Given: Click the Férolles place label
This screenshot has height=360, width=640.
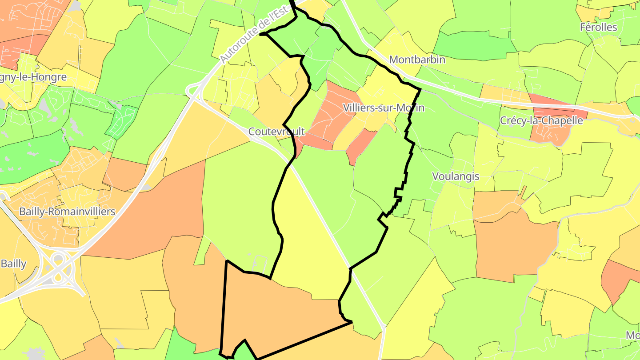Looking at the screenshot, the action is [598, 28].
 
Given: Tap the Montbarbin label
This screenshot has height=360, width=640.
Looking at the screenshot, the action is [417, 60].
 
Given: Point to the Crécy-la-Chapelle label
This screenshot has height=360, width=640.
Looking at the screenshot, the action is [541, 120].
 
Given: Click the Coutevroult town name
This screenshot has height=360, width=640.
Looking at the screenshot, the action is [276, 132].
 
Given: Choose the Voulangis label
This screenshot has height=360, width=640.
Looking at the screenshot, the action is [456, 176].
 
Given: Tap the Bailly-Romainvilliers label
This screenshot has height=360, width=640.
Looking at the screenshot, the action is [67, 212].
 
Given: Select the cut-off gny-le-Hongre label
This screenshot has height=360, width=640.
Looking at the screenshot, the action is [33, 77].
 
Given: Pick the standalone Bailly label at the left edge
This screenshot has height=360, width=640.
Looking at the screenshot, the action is [13, 264].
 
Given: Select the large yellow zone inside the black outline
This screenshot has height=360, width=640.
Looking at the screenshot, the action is [307, 240].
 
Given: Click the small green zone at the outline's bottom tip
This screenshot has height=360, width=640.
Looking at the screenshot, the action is [242, 351].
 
